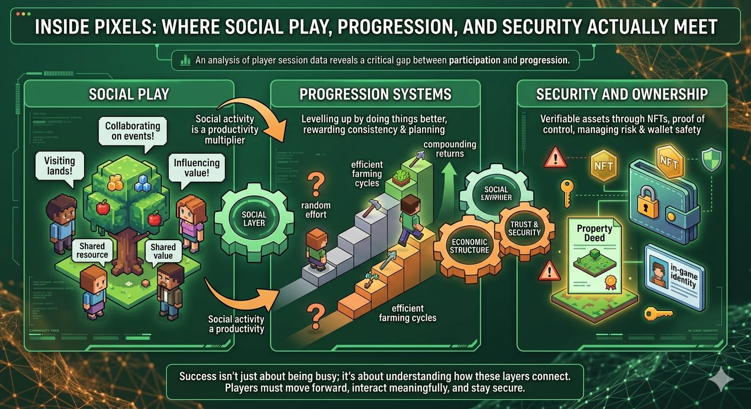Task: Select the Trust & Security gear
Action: [524, 228]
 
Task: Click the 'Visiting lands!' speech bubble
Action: [60, 166]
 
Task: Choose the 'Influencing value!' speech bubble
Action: [196, 168]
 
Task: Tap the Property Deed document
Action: [594, 256]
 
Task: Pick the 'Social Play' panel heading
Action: [129, 95]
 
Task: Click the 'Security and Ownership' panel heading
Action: [622, 95]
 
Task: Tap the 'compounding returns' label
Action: [450, 149]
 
